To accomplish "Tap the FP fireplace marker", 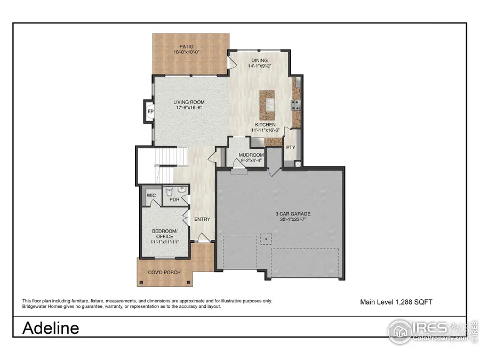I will pyautogui.click(x=151, y=111).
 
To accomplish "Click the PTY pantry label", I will pyautogui.click(x=291, y=147).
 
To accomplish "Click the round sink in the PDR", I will pyautogui.click(x=182, y=190).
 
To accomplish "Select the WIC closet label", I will pyautogui.click(x=151, y=196).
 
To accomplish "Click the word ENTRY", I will pyautogui.click(x=202, y=219).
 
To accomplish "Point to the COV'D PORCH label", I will pyautogui.click(x=164, y=273).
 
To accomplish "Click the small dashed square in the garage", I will pyautogui.click(x=264, y=239).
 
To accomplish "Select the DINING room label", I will pyautogui.click(x=259, y=61).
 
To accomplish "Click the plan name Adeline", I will pyautogui.click(x=51, y=328).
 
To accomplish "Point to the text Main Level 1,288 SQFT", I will pyautogui.click(x=396, y=302).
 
